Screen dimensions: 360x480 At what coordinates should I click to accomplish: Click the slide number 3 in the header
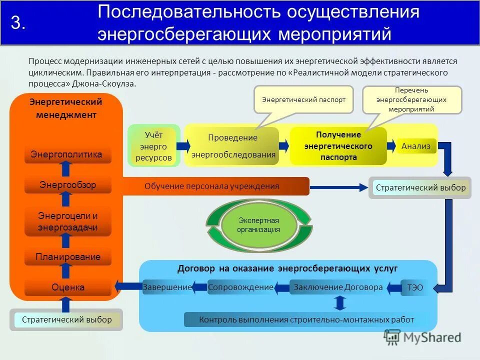coord(18,23)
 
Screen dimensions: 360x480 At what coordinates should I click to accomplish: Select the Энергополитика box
coord(68,154)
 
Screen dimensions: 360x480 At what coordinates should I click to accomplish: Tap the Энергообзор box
coord(68,185)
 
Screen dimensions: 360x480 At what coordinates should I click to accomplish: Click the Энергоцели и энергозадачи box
coord(68,222)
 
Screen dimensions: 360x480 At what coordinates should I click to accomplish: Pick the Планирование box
coord(68,257)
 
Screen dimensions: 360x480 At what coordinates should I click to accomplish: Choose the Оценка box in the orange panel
coord(68,287)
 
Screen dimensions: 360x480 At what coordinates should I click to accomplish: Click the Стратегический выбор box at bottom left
coord(66,319)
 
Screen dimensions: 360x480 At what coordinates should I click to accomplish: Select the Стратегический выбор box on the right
coord(420,188)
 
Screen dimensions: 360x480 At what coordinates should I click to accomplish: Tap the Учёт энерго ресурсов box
coord(153,147)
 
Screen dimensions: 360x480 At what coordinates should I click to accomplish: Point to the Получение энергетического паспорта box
coord(338,146)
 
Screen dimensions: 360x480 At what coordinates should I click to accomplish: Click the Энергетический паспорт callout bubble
coord(303,99)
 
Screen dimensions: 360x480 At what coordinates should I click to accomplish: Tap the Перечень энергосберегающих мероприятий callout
coord(412,99)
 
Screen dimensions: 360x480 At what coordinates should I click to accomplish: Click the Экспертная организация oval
coord(258,225)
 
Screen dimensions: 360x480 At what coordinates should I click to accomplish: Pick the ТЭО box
coord(415,287)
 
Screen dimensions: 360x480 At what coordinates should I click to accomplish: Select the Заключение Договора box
coord(338,287)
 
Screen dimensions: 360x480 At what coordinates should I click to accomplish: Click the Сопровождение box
coord(240,287)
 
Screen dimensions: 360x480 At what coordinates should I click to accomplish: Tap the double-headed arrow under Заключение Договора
coord(340,303)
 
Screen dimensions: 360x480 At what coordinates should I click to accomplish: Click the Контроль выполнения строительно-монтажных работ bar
coord(306,319)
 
